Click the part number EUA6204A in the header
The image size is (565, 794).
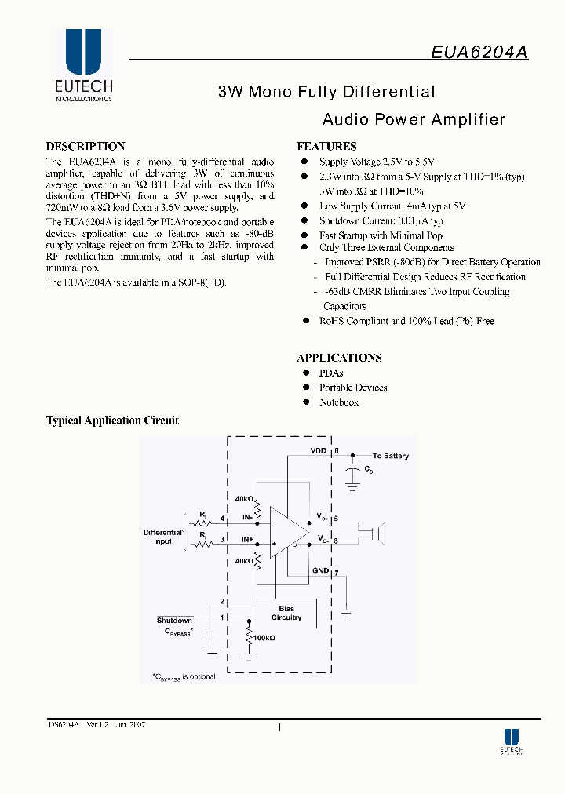479,51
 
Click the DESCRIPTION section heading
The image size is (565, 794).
86,146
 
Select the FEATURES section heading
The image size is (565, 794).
326,146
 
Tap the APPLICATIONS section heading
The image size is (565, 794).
339,358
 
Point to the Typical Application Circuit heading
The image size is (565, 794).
112,421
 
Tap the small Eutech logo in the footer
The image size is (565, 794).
512,741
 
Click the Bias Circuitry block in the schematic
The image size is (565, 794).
286,613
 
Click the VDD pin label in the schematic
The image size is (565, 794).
318,452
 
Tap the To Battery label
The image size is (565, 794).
391,456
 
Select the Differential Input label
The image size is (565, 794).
162,537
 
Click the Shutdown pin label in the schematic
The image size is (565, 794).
174,621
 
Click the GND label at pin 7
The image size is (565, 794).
320,570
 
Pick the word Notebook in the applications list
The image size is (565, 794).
339,402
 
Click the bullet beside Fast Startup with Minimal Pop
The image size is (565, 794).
304,235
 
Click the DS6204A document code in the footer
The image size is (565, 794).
64,725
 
